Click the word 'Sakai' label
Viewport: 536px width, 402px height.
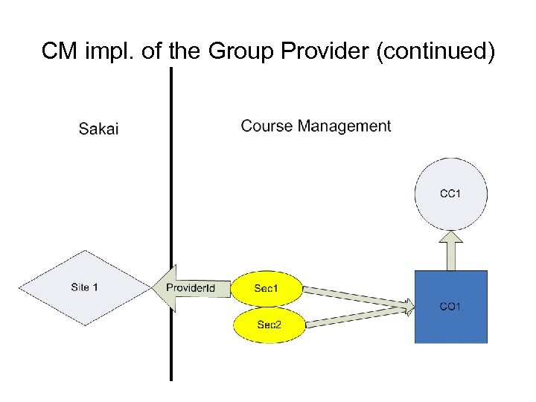pyautogui.click(x=98, y=129)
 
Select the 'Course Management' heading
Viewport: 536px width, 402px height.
pyautogui.click(x=316, y=126)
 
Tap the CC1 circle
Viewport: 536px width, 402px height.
pyautogui.click(x=450, y=194)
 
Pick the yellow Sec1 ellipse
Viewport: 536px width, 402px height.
pyautogui.click(x=267, y=288)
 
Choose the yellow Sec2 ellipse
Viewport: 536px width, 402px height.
pyautogui.click(x=269, y=324)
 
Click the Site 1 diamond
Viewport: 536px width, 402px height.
pyautogui.click(x=84, y=287)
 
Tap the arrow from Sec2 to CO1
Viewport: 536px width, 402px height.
pyautogui.click(x=357, y=315)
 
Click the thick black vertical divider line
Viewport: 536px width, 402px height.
pyautogui.click(x=171, y=223)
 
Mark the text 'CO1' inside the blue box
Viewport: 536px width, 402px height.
pyautogui.click(x=450, y=306)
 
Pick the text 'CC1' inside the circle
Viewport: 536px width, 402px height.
pyautogui.click(x=450, y=194)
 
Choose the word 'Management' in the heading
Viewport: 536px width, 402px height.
pyautogui.click(x=344, y=126)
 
